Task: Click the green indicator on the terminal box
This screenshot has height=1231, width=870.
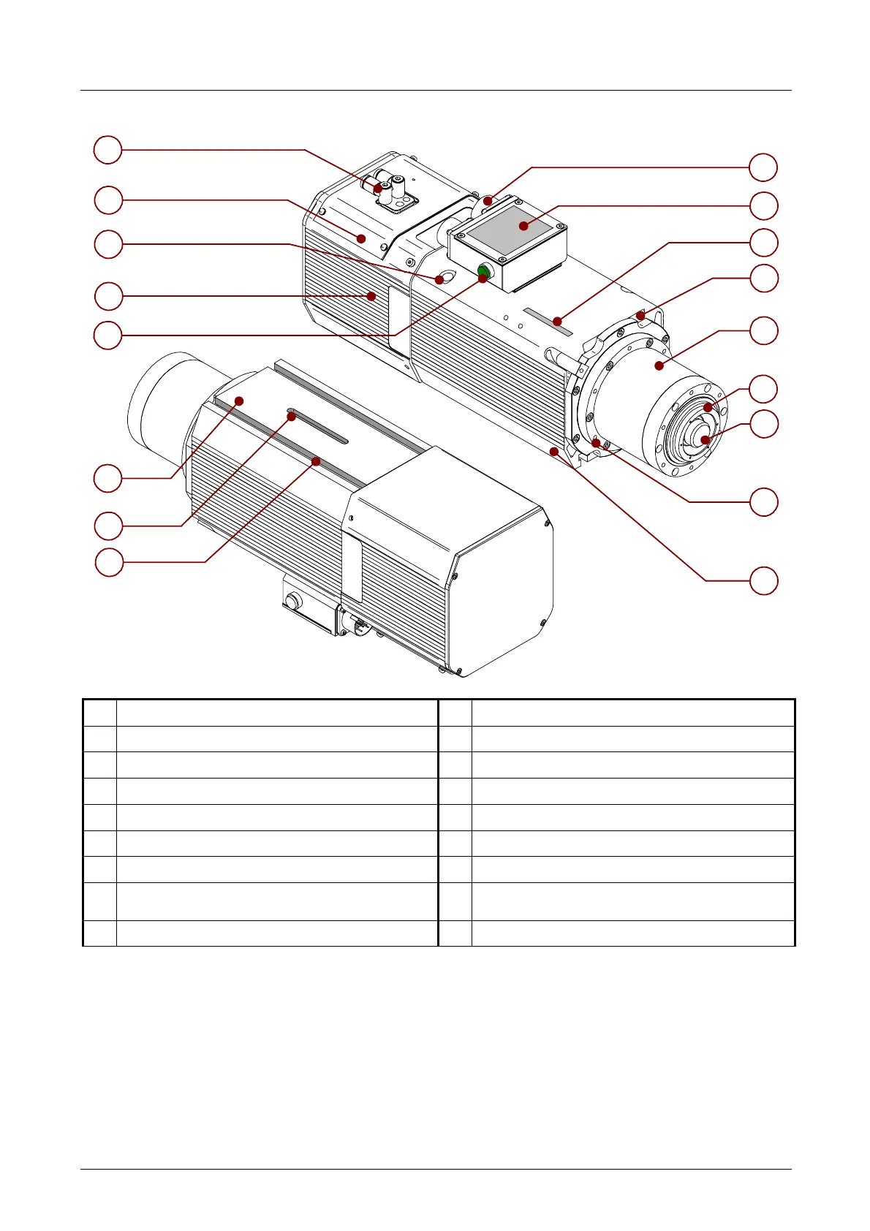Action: (483, 273)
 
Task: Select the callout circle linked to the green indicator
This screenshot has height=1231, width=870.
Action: (108, 336)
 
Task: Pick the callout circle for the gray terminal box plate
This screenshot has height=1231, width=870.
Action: (764, 206)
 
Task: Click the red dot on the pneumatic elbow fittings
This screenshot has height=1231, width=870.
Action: (378, 189)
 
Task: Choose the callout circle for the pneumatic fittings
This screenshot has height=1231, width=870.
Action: (108, 150)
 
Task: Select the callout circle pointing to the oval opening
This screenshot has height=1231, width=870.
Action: (108, 244)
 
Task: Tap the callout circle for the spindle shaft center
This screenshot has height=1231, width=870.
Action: (764, 424)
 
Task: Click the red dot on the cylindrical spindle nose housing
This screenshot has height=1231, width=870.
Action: (659, 365)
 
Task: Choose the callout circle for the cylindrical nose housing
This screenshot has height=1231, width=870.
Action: (764, 331)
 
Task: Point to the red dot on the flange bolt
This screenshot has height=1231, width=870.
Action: (596, 443)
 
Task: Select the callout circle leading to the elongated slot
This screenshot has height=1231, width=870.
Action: (109, 526)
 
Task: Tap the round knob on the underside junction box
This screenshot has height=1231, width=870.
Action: (293, 602)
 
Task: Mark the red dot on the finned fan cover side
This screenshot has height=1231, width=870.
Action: (372, 295)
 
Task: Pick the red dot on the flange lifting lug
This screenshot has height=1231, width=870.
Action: (640, 317)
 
